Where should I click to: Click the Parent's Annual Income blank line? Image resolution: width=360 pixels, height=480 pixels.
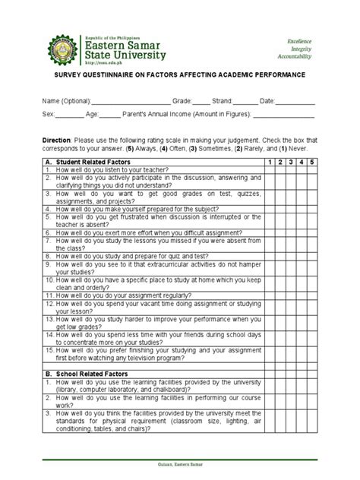[283, 116]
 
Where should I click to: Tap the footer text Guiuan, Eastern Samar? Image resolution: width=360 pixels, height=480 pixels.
[179, 475]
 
